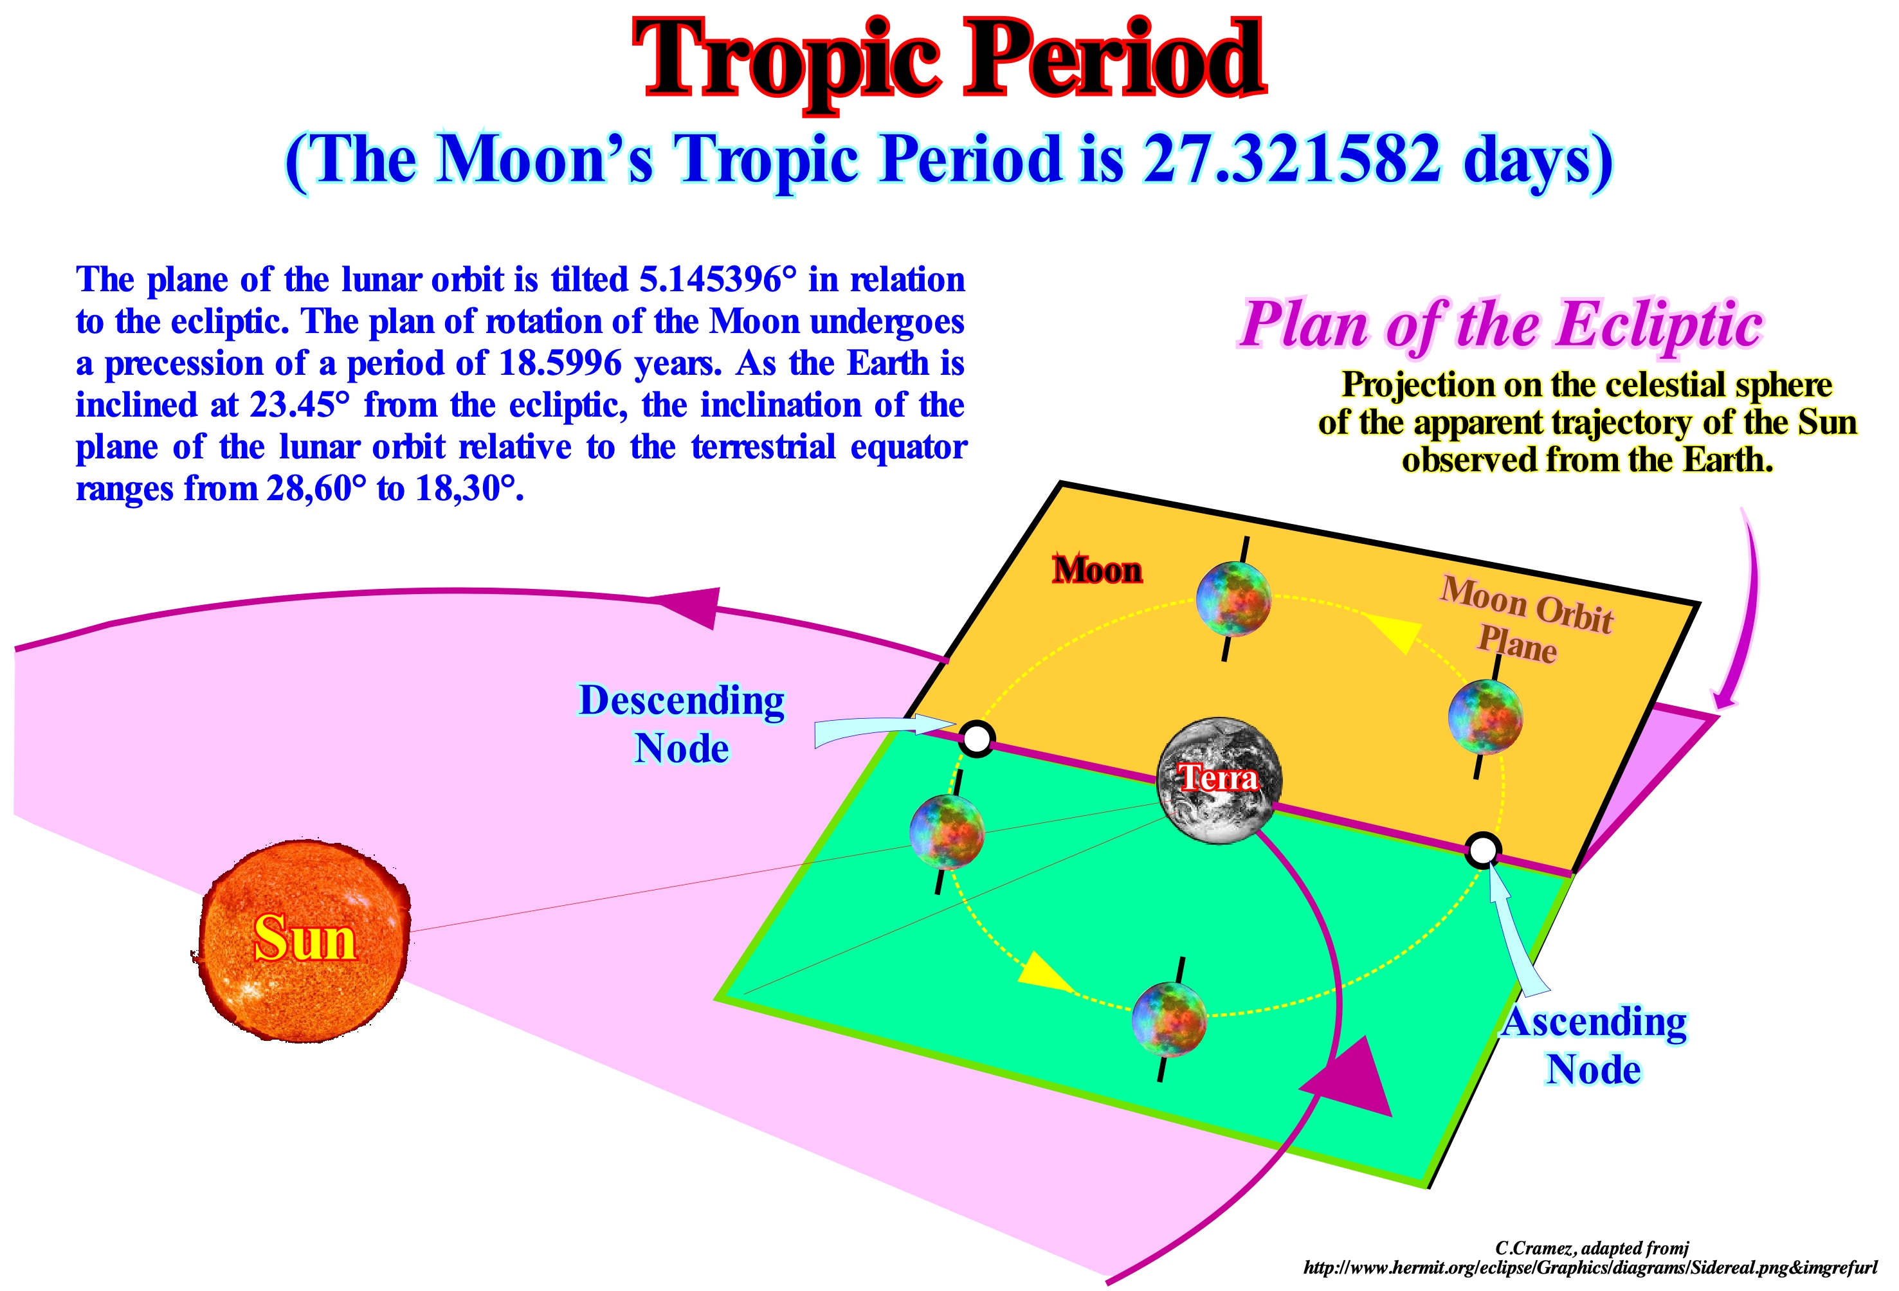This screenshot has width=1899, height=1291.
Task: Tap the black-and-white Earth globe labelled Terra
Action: pos(1220,781)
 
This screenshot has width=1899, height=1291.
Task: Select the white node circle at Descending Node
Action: pos(976,739)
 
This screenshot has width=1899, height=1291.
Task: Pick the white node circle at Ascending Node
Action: pos(1482,850)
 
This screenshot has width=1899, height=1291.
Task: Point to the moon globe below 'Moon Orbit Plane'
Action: pos(1485,717)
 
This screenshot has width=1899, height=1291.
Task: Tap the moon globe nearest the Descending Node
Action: pos(947,832)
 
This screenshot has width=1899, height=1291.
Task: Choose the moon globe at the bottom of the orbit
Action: pos(1169,1019)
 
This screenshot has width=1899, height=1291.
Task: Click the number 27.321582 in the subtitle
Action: pos(1292,159)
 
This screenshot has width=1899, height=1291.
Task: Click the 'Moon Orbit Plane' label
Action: pos(1525,618)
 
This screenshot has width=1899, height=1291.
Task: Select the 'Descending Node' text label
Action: pos(682,724)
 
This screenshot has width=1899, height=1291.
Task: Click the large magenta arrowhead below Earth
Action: pos(1350,1080)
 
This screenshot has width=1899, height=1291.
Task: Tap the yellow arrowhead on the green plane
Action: pos(1044,970)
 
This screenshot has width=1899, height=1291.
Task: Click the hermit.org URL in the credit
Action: pos(1589,1268)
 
